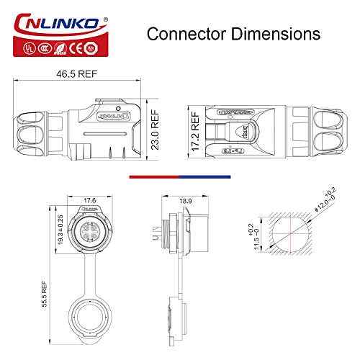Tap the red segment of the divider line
click(153, 175)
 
